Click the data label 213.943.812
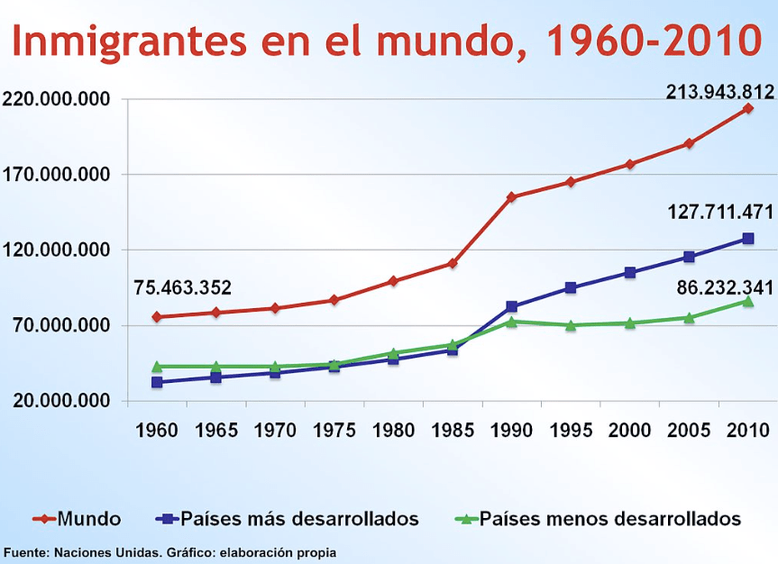[x=719, y=91]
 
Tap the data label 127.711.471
[x=720, y=213]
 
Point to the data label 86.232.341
[x=720, y=288]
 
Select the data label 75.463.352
[x=183, y=288]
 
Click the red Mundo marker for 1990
[x=511, y=196]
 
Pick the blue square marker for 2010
[x=748, y=239]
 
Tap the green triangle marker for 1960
[x=157, y=367]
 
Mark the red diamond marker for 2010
[x=748, y=109]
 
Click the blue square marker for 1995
[x=571, y=288]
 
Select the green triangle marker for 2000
[x=630, y=323]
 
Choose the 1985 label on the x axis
[x=453, y=431]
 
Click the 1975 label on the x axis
[x=334, y=431]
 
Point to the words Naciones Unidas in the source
[x=96, y=551]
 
